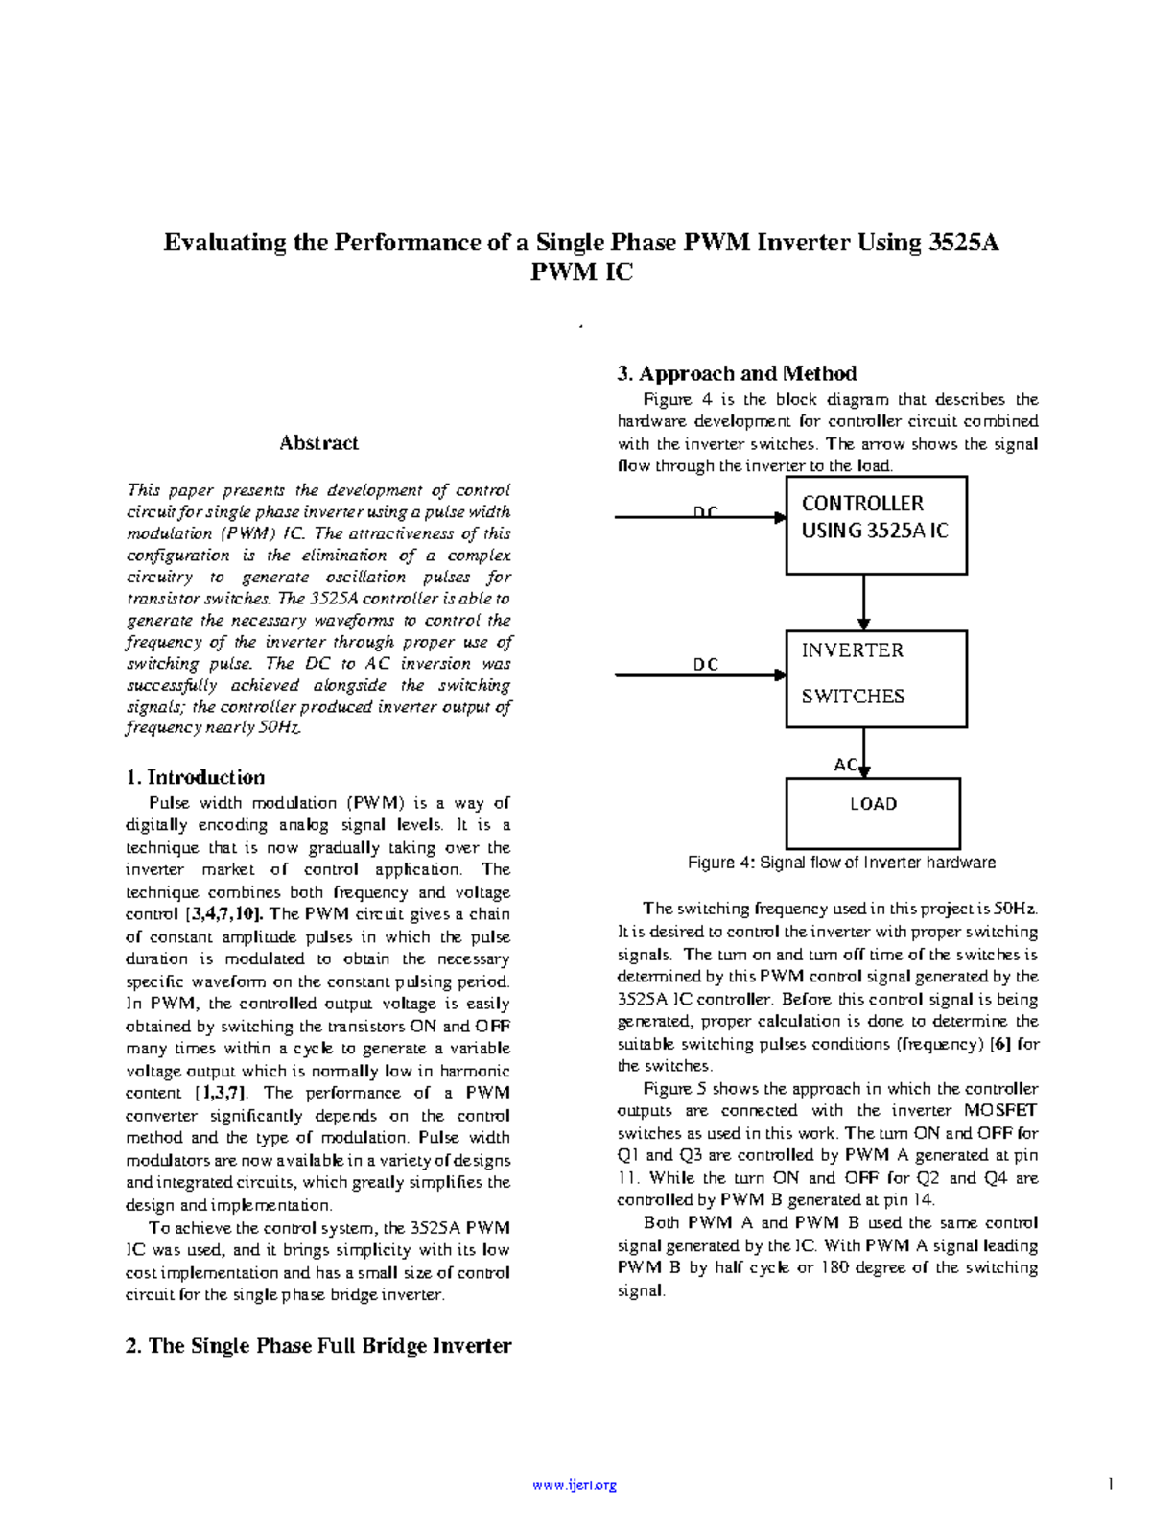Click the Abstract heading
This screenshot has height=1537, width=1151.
[x=318, y=443]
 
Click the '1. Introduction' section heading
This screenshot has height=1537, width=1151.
[x=196, y=777]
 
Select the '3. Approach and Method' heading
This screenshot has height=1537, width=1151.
[x=737, y=373]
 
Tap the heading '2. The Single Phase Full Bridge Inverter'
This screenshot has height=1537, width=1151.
[x=318, y=1346]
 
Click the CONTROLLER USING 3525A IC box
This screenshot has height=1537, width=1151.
[x=876, y=526]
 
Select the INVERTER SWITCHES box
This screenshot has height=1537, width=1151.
[x=876, y=678]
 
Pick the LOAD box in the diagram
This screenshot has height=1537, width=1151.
[x=873, y=813]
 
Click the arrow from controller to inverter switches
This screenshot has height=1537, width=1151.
[x=863, y=603]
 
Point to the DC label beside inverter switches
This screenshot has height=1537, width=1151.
[x=706, y=664]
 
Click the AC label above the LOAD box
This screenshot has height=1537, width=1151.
[x=845, y=765]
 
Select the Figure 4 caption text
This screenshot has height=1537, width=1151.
[x=841, y=863]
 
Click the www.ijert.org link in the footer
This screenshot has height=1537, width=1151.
[x=575, y=1485]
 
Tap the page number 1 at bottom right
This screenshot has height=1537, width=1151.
[x=1110, y=1484]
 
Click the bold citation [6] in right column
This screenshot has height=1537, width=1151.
[x=1000, y=1044]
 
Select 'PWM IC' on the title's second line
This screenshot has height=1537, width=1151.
[x=581, y=272]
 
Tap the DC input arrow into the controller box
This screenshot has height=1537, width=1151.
[x=700, y=517]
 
